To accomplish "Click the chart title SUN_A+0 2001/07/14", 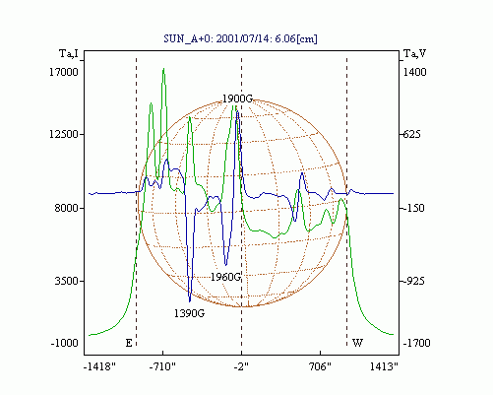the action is [x=240, y=38].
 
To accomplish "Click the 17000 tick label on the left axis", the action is [x=64, y=72].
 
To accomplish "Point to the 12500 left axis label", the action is [x=64, y=134].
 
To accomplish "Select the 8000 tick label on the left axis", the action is [x=67, y=208].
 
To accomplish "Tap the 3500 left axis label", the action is [x=67, y=281].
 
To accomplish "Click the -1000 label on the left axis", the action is [x=65, y=343].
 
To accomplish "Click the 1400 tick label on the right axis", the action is [x=414, y=72].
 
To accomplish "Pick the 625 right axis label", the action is [x=411, y=134].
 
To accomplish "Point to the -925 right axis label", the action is [x=413, y=281].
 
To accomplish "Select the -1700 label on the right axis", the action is [x=416, y=343].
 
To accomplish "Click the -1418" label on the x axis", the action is [x=99, y=366].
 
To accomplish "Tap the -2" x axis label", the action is [x=241, y=366].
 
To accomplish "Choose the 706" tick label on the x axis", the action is [x=320, y=366].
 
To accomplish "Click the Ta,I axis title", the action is [x=69, y=53].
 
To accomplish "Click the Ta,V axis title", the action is [x=414, y=53].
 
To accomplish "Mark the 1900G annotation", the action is [x=237, y=99].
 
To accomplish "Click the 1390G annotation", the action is [x=189, y=313].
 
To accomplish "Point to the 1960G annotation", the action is [x=225, y=277].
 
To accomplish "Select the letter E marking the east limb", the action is [x=129, y=343].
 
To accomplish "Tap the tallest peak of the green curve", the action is [x=163, y=69].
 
